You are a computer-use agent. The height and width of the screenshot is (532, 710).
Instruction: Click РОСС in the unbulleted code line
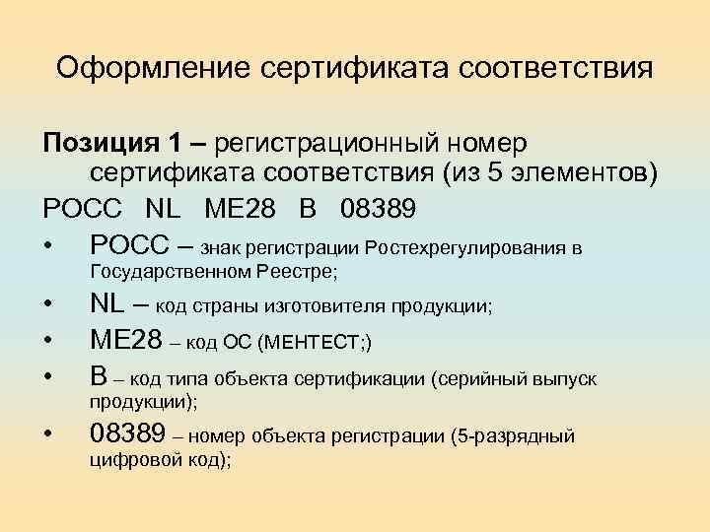(x=83, y=210)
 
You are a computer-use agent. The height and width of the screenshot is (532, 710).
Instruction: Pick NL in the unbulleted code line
(x=165, y=210)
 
